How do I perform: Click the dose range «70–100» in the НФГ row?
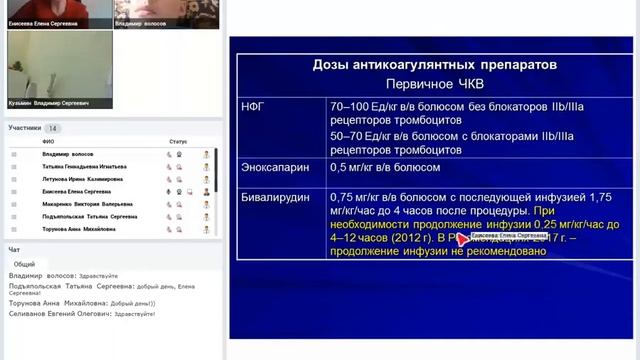click(349, 106)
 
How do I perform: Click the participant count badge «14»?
click(52, 128)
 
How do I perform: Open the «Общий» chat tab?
click(25, 264)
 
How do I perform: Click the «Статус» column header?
click(178, 142)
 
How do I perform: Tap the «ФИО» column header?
click(48, 142)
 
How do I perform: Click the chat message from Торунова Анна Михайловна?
click(80, 303)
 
